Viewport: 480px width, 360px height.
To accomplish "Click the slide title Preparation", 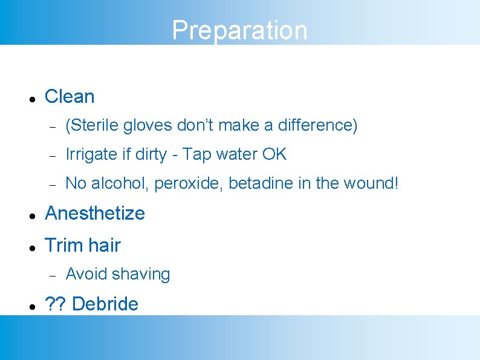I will (239, 30).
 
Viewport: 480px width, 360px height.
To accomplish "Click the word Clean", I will (70, 97).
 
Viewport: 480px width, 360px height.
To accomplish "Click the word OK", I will (274, 155).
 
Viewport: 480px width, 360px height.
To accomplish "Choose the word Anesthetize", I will (95, 214).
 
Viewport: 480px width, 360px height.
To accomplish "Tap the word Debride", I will (105, 304).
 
